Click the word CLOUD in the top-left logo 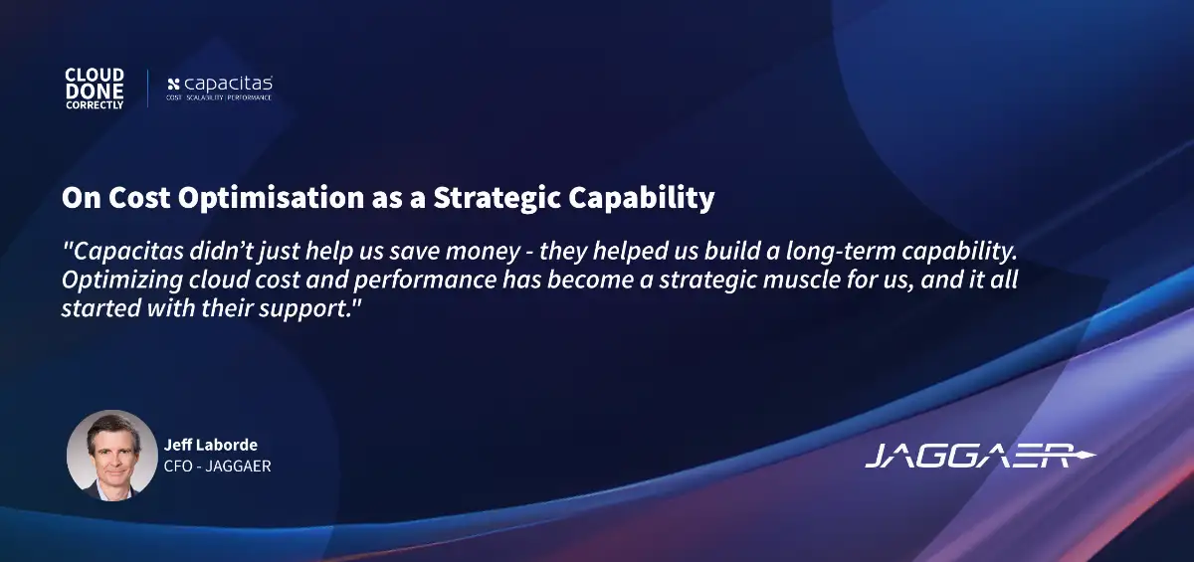click(x=95, y=75)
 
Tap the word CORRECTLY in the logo click(x=95, y=105)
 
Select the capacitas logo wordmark click(x=228, y=84)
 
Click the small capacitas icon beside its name click(x=173, y=85)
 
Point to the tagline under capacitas click(x=219, y=97)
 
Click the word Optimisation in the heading click(x=271, y=198)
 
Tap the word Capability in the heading click(x=641, y=198)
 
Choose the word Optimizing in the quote click(x=122, y=281)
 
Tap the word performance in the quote click(x=425, y=281)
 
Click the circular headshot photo click(x=111, y=456)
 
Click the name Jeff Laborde click(x=211, y=445)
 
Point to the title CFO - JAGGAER click(x=218, y=467)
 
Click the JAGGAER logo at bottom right click(x=980, y=456)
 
